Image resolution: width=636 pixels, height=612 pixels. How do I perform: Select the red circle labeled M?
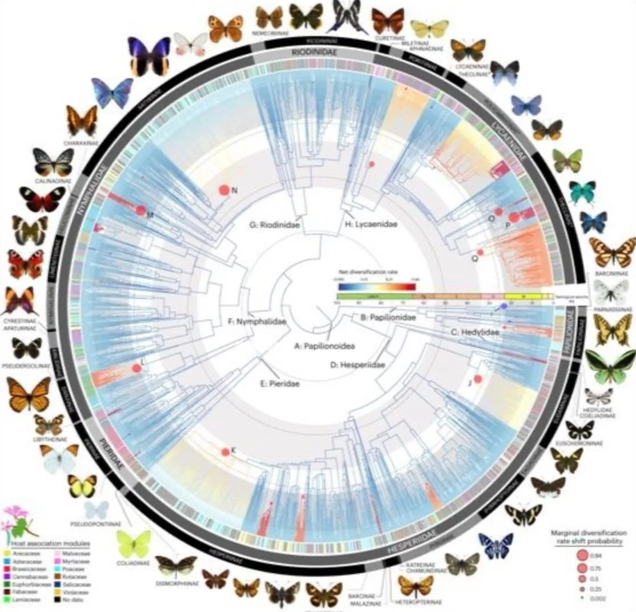(x=141, y=210)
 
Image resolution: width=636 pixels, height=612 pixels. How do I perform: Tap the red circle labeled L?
(x=136, y=369)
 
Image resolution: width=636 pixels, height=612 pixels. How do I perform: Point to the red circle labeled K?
(x=225, y=451)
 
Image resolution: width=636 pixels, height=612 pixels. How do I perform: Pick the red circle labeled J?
(x=478, y=378)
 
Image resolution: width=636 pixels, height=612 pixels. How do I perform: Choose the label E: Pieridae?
(x=280, y=384)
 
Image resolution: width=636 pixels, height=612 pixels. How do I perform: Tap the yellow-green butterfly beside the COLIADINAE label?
(x=134, y=543)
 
